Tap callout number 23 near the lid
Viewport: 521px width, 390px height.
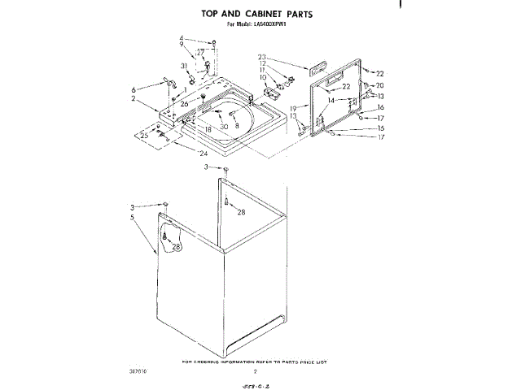(262, 57)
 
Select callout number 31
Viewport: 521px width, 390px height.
(184, 66)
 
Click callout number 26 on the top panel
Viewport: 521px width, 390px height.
(184, 103)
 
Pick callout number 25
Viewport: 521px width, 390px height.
(144, 136)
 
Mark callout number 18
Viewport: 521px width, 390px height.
(208, 129)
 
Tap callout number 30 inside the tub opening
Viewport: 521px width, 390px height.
(224, 126)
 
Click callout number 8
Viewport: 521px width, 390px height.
(237, 126)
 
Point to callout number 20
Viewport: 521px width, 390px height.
(379, 85)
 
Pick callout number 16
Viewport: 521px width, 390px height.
(379, 107)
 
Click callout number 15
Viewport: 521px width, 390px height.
(379, 128)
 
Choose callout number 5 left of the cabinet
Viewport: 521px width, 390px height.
(132, 217)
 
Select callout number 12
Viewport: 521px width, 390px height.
(263, 63)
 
